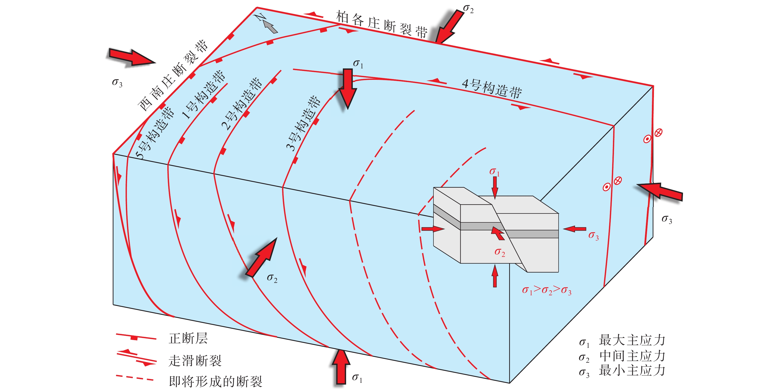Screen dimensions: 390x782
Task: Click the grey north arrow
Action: pos(270,26)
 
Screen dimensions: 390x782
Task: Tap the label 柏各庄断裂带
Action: pos(382,24)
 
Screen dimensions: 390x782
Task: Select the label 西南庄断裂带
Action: pos(173,76)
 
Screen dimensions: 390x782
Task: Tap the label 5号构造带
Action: pos(155,133)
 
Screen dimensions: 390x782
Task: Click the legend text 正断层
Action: pos(188,338)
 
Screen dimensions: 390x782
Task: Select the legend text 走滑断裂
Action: pos(195,360)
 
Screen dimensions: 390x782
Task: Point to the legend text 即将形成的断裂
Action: pos(215,382)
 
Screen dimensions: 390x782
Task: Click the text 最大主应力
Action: pos(632,340)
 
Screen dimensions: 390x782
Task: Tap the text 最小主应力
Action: pos(632,371)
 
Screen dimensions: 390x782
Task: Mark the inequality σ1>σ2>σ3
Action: pos(546,290)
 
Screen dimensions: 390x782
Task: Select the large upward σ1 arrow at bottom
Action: pos(341,367)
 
